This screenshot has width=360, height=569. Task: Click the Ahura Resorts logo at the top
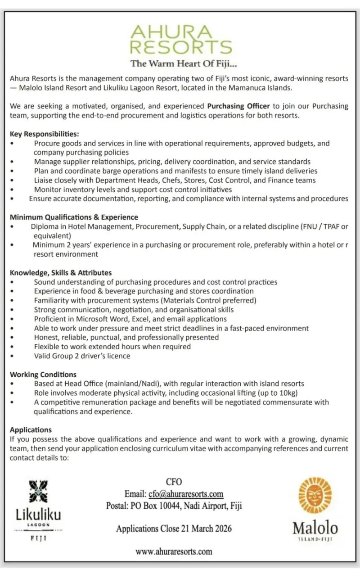(x=181, y=39)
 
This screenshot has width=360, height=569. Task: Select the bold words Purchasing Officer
(x=238, y=106)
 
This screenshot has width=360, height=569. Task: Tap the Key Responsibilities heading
(x=45, y=134)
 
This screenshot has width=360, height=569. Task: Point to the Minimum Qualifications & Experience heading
(x=74, y=217)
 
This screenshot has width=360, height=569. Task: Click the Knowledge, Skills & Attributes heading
(x=61, y=272)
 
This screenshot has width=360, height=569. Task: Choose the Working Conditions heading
(x=43, y=374)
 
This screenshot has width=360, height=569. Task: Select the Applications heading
(x=31, y=429)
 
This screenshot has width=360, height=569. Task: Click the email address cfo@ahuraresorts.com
(x=186, y=494)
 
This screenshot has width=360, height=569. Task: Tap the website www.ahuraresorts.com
(x=174, y=551)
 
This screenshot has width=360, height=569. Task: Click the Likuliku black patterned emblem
(x=38, y=492)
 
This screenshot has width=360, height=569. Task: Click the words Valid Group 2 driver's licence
(x=82, y=356)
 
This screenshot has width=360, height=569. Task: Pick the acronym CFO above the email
(x=174, y=482)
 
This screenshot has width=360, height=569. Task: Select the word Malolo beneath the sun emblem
(x=315, y=528)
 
